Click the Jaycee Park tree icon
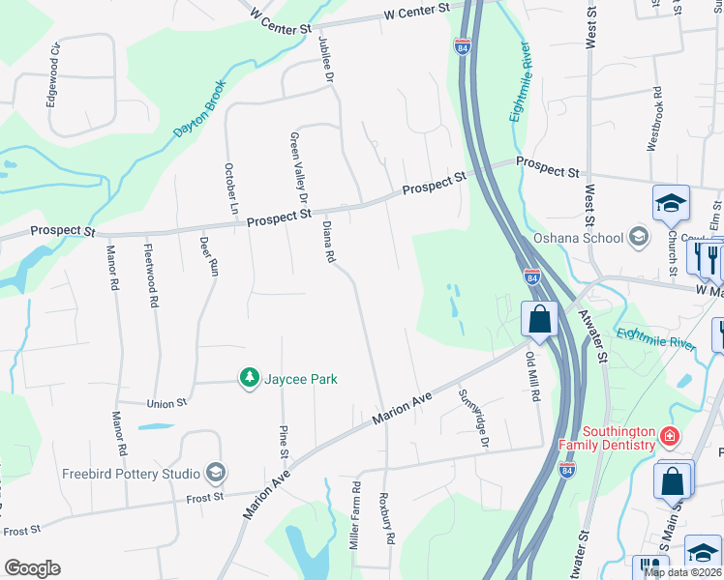[x=250, y=378]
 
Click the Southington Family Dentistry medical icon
[x=668, y=437]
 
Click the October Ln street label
[x=231, y=188]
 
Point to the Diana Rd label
[x=328, y=242]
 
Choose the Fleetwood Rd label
[x=151, y=275]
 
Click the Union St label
[x=166, y=403]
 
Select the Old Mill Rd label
[x=531, y=372]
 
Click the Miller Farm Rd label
[x=357, y=512]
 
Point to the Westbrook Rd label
[x=654, y=119]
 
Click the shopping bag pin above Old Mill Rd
[x=538, y=318]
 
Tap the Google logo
[x=32, y=568]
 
